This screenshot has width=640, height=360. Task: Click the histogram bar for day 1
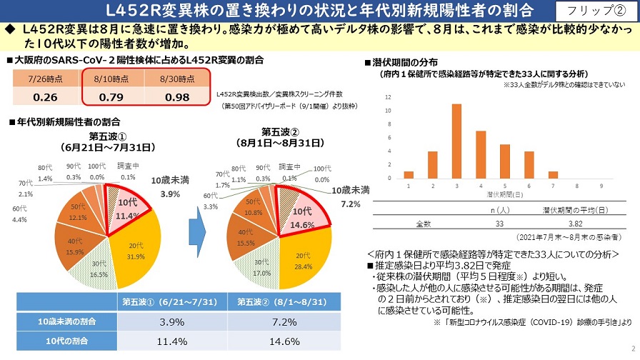[x=409, y=174]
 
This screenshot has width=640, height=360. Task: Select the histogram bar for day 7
[x=553, y=174]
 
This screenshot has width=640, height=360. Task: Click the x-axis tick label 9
[x=601, y=185]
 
